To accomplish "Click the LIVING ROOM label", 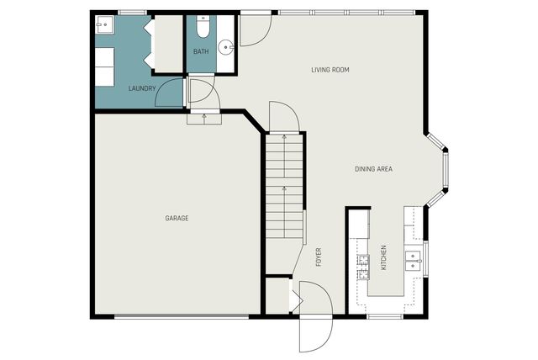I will tap(330, 70).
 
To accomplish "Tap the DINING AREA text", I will tap(372, 169).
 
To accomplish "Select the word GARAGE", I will tap(176, 219).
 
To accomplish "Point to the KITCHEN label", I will tap(384, 257).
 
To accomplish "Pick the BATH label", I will tap(201, 52).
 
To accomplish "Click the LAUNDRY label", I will tap(142, 88).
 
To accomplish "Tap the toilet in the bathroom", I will tap(203, 29).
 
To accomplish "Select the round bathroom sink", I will tap(224, 46).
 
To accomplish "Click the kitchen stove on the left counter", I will tap(362, 267).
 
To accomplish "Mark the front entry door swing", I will tap(315, 320).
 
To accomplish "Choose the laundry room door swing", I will tap(170, 93).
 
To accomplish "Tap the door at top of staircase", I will tap(282, 118).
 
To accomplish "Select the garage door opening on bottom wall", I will tap(181, 317).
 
